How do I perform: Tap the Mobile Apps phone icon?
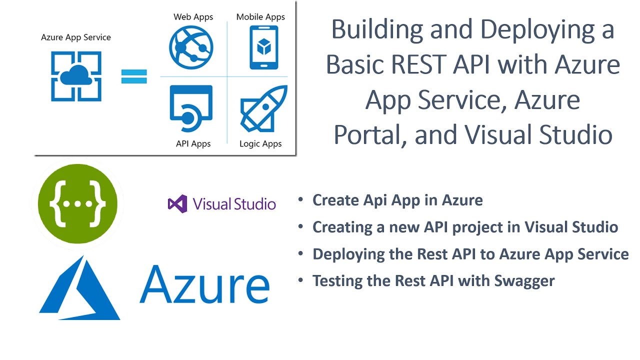click(263, 48)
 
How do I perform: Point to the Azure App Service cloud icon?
click(76, 76)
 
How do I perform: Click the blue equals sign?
click(134, 76)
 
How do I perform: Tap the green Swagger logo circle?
click(77, 203)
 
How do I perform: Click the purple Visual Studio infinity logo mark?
click(177, 204)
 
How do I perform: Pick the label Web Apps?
click(193, 17)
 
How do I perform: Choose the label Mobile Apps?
click(260, 17)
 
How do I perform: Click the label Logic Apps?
click(260, 144)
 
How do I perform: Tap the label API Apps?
click(193, 144)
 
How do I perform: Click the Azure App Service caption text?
click(76, 37)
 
